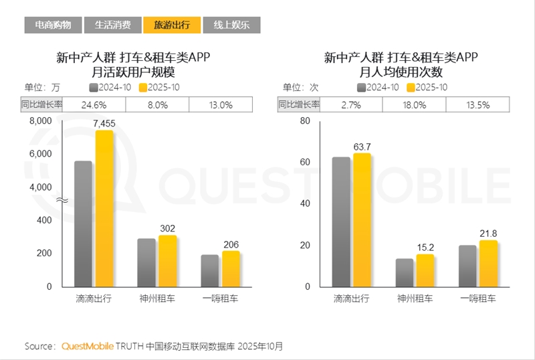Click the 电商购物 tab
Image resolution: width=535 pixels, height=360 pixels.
53,25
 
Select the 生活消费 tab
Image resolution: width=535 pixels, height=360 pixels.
112,25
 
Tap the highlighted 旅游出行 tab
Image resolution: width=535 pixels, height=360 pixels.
171,25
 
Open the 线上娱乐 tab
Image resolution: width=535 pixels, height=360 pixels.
231,25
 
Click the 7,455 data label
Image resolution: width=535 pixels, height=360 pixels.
104,123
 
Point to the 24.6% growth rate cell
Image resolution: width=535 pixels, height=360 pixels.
94,105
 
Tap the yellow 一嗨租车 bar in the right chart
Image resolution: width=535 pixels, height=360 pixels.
488,264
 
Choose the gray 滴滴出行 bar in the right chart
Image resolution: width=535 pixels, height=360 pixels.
341,221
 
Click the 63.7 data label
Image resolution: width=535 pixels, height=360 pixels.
362,147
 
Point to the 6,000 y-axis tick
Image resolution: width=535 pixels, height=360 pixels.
40,154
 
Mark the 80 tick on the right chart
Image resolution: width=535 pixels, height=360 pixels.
306,121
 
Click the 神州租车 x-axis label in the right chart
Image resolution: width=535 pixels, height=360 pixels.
415,298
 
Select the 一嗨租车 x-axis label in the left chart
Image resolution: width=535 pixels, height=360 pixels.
220,298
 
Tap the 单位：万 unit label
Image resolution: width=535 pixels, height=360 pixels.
42,88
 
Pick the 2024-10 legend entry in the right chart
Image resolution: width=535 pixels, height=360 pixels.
379,88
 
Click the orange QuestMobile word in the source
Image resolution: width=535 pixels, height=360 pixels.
87,346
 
